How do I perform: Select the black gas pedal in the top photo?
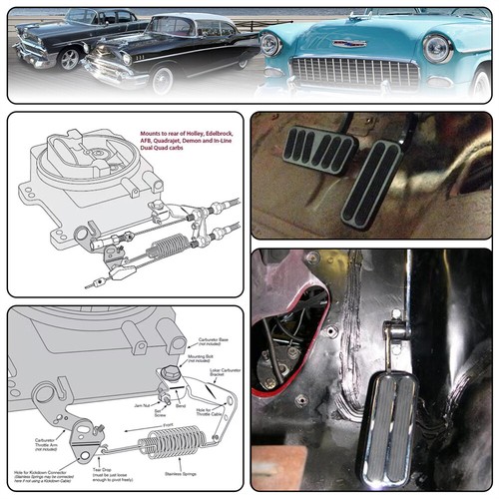coord(371,184)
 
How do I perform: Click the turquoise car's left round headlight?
coord(270,44)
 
